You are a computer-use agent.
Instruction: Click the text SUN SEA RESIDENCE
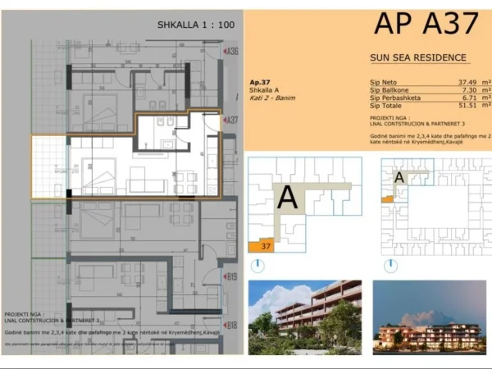pyautogui.click(x=418, y=57)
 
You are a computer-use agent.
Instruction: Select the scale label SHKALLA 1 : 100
pyautogui.click(x=195, y=25)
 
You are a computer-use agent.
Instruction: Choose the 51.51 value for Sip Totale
pyautogui.click(x=466, y=105)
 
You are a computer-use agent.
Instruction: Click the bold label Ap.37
pyautogui.click(x=259, y=83)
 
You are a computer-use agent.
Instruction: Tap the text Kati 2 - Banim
pyautogui.click(x=271, y=98)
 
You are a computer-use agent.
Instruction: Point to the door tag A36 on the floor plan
pyautogui.click(x=232, y=52)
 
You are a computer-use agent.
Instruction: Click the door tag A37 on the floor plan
pyautogui.click(x=232, y=120)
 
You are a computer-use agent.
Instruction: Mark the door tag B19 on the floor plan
pyautogui.click(x=231, y=276)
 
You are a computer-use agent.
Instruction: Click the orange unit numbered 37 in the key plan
pyautogui.click(x=264, y=245)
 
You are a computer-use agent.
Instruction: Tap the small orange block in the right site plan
pyautogui.click(x=387, y=198)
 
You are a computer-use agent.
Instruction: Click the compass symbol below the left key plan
pyautogui.click(x=259, y=265)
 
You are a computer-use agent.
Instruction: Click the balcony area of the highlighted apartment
pyautogui.click(x=50, y=166)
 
